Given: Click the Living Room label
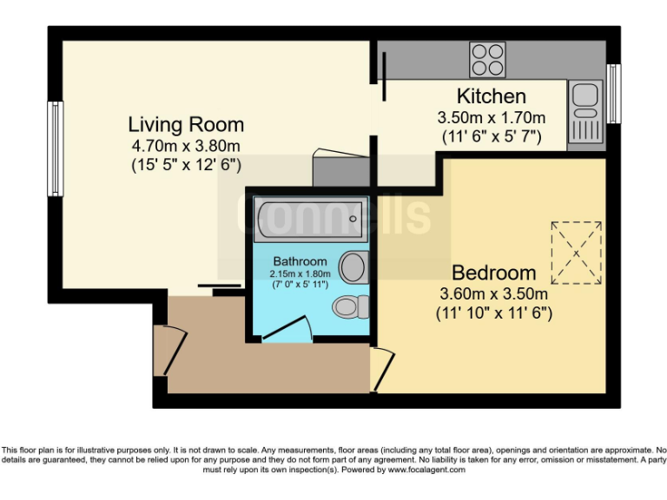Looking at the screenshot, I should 186,124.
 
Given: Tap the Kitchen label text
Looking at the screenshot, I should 491,96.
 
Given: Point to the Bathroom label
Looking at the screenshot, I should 300,261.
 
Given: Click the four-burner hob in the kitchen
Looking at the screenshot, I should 487,59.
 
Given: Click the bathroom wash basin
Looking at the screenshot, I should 352,266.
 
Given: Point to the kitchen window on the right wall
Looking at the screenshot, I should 613,93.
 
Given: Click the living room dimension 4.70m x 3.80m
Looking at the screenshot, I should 186,145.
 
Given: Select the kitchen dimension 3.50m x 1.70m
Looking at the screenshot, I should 491,117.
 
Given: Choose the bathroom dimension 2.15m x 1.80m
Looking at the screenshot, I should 300,273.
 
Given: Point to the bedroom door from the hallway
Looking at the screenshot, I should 380,369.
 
